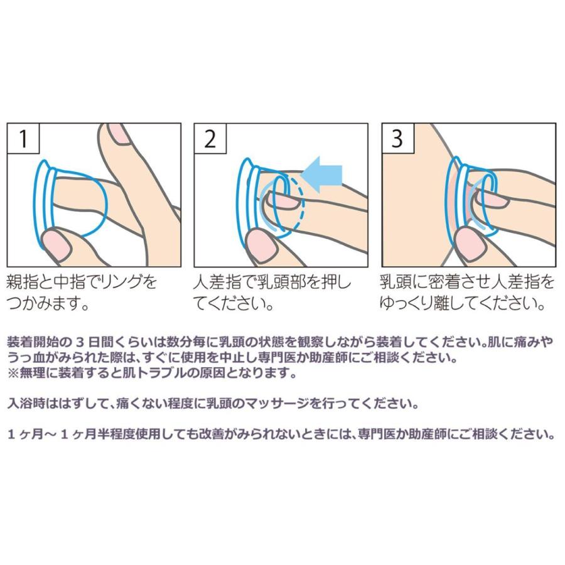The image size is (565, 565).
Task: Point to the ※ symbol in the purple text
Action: click(12, 373)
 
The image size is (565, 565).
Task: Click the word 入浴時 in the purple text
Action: click(27, 402)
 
